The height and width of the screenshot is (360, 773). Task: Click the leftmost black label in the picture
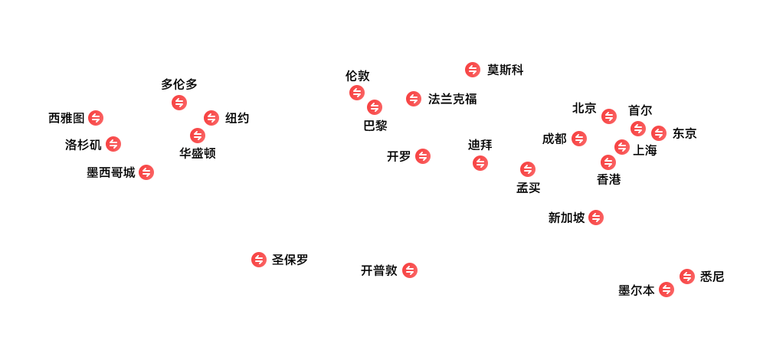(x=66, y=118)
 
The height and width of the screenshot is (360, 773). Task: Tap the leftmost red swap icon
(x=96, y=118)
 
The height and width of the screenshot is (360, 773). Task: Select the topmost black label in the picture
(x=505, y=70)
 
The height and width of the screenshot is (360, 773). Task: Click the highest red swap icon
(x=473, y=70)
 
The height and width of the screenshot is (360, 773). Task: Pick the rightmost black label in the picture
(x=712, y=277)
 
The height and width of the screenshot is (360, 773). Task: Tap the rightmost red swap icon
(x=687, y=277)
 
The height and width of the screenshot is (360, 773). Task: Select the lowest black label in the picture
(x=637, y=290)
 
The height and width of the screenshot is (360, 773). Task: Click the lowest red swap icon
(x=667, y=290)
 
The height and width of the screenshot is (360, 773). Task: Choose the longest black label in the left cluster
(x=111, y=172)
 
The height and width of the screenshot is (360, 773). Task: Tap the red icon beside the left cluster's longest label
(x=146, y=172)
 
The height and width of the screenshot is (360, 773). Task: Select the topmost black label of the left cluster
(x=179, y=84)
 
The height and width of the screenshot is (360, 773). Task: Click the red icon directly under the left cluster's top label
(x=179, y=103)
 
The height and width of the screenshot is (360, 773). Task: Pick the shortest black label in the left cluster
(x=237, y=118)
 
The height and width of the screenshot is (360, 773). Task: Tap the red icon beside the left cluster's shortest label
(x=211, y=118)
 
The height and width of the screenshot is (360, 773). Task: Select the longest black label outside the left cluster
(x=452, y=99)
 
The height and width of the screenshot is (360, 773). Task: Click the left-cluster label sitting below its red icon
(x=198, y=153)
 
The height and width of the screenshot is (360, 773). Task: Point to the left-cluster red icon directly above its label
(x=198, y=136)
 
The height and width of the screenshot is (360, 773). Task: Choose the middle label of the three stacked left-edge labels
(x=84, y=145)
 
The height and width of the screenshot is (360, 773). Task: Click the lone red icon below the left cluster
(x=259, y=260)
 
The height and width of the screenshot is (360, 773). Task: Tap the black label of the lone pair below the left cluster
(x=290, y=260)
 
